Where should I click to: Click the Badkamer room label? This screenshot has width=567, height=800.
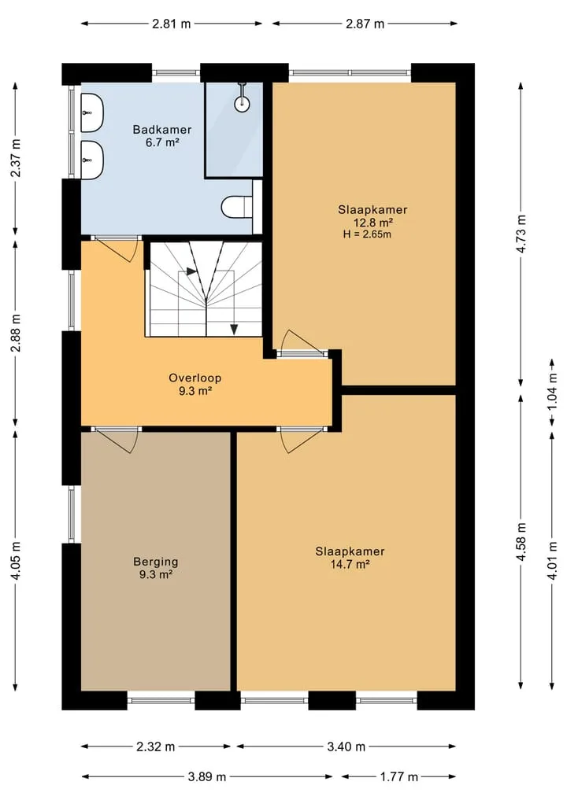pos(162,130)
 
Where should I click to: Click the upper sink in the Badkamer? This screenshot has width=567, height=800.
pos(92,112)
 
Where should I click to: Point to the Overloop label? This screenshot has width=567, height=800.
pos(195,378)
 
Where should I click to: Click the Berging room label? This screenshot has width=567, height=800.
pos(156,562)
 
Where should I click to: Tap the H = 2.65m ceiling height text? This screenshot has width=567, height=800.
pos(368,234)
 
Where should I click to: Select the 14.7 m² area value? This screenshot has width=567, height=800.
pos(350,564)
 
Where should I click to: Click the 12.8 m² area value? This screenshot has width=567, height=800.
pos(373,222)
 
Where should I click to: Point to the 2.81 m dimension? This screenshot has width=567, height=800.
pos(171,24)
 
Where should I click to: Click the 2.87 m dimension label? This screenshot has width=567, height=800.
pos(365,24)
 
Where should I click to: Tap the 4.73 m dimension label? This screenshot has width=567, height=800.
pos(521,234)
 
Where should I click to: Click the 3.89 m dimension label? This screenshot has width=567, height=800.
pos(207,777)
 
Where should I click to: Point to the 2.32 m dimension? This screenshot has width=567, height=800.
pos(156,747)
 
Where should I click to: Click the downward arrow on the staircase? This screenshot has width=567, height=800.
pos(234,330)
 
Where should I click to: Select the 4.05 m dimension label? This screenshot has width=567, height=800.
pos(17,560)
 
